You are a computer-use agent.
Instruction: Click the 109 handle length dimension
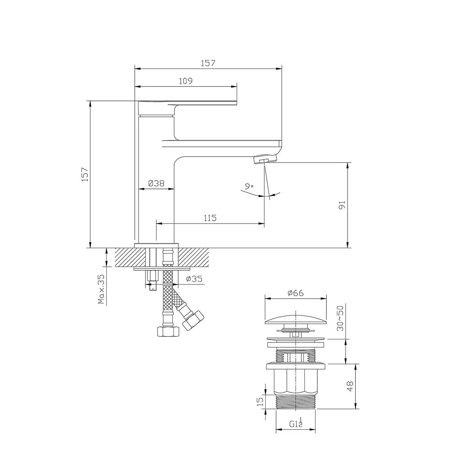(x=185, y=81)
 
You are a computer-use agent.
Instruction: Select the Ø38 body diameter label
(x=156, y=183)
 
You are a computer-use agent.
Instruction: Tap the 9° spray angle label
(x=249, y=187)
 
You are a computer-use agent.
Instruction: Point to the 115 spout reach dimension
(x=210, y=218)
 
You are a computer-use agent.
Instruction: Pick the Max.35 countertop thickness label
(x=101, y=289)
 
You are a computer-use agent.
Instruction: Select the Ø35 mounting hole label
(x=194, y=279)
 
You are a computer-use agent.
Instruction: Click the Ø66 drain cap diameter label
(x=295, y=293)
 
